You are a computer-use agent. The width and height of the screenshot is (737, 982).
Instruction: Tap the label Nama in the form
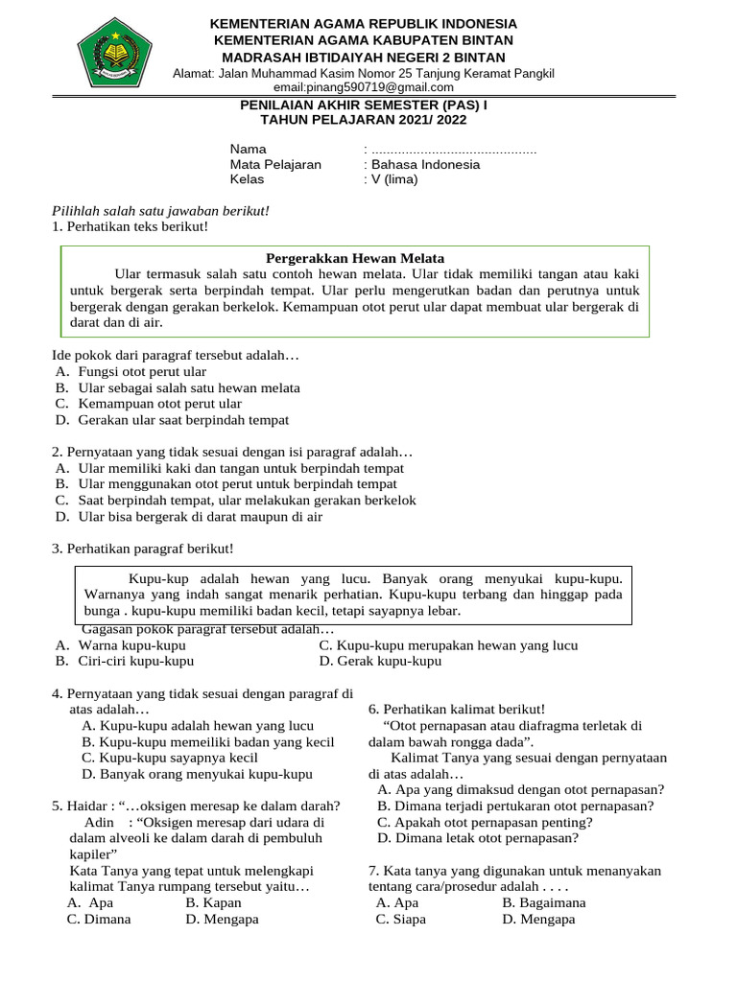248,150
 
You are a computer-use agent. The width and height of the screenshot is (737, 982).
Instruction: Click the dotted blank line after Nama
453,150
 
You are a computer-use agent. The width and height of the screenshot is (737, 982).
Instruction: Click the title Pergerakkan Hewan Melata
354,257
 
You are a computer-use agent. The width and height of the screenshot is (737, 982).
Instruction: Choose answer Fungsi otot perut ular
142,371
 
